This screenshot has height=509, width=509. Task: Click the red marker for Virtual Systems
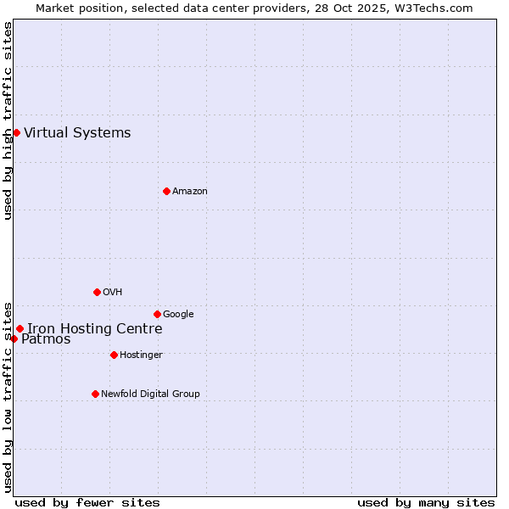coord(16,132)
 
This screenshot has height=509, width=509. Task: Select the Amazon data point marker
coord(166,191)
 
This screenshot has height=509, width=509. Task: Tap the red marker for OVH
coord(97,292)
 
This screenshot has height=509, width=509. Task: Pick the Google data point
coord(157,314)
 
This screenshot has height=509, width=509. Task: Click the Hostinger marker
coord(114,355)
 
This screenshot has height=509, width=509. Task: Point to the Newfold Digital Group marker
coord(95,394)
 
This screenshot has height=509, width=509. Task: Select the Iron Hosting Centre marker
coord(20,328)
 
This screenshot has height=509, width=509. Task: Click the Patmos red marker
coord(14,338)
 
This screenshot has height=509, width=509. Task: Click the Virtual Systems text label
coord(77,132)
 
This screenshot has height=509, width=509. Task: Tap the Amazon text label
coord(189,191)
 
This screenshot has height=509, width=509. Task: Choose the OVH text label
coord(112,292)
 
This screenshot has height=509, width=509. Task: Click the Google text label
coord(178,314)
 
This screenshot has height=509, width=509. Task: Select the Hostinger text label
coord(141,355)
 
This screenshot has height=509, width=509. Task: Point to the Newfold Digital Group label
coord(150,394)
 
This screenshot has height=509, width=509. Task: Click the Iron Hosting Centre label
coord(94,328)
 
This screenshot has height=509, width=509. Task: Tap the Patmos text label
coord(46,339)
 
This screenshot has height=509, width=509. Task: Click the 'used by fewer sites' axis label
coord(87,502)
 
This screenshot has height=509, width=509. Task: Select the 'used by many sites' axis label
coord(426,502)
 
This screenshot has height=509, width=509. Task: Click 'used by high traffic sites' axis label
coord(8,120)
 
